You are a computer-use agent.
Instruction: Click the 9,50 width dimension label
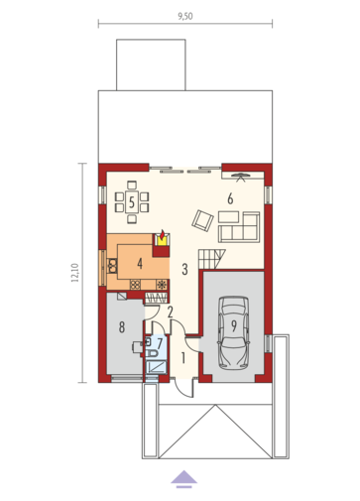[x=185, y=16]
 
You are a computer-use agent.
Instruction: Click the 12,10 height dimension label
[x=75, y=273]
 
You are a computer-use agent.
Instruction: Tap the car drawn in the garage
[x=233, y=332]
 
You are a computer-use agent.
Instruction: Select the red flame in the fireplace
[x=162, y=234]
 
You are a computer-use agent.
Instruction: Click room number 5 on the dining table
[x=132, y=202]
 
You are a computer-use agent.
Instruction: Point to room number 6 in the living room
[x=230, y=198]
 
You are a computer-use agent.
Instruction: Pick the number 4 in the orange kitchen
[x=140, y=264]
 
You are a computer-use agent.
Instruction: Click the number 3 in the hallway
[x=184, y=269]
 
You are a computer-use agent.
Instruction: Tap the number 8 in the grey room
[x=122, y=327]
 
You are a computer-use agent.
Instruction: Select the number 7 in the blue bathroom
[x=160, y=343]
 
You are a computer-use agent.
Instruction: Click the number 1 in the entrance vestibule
[x=183, y=358]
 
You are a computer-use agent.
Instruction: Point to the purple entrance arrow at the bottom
[x=183, y=479]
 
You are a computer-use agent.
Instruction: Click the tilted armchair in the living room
[x=202, y=220]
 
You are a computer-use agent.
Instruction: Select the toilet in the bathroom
[x=152, y=353]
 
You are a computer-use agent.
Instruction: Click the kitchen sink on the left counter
[x=113, y=266]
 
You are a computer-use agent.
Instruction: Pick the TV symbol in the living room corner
[x=241, y=177]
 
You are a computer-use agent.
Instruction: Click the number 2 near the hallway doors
[x=171, y=313]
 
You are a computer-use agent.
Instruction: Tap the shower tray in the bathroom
[x=156, y=367]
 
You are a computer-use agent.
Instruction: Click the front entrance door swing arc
[x=181, y=390]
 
